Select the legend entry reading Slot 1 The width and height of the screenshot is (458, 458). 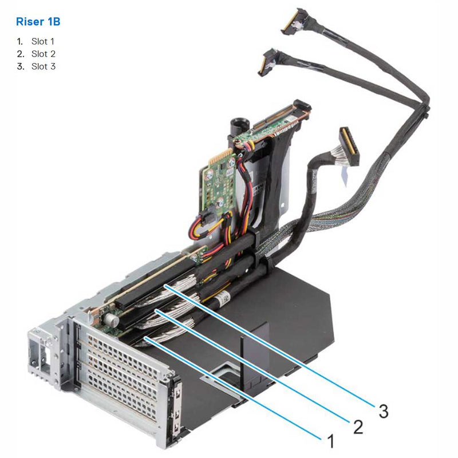(x=43, y=41)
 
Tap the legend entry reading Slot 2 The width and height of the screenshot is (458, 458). (x=43, y=54)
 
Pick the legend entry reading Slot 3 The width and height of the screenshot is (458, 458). (x=43, y=66)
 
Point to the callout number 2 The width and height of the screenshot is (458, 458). (x=357, y=427)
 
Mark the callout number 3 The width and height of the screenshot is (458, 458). (x=383, y=410)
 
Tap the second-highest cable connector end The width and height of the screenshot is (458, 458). (x=267, y=62)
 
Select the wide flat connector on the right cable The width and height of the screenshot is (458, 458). (x=348, y=146)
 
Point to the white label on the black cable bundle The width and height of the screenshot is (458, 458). (x=224, y=299)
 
